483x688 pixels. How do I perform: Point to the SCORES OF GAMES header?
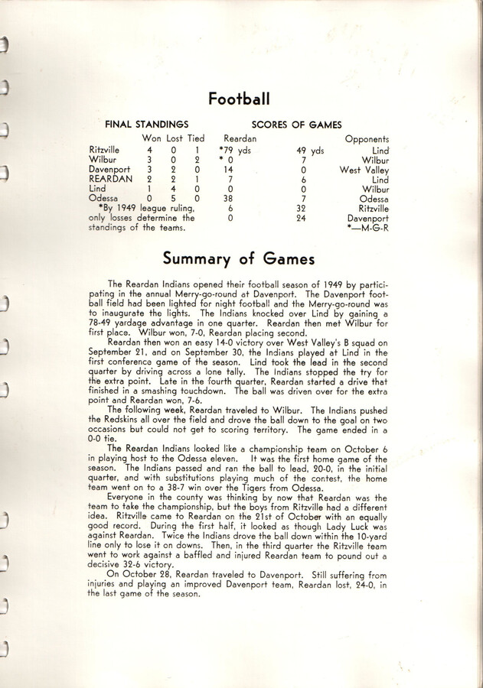(x=296, y=124)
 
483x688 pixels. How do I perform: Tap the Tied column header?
(x=197, y=138)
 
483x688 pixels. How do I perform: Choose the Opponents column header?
(x=367, y=139)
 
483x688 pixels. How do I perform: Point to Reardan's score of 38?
(x=227, y=199)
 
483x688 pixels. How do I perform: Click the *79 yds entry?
(x=234, y=151)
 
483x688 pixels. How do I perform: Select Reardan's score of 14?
(x=227, y=170)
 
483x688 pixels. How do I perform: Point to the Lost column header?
(x=175, y=138)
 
